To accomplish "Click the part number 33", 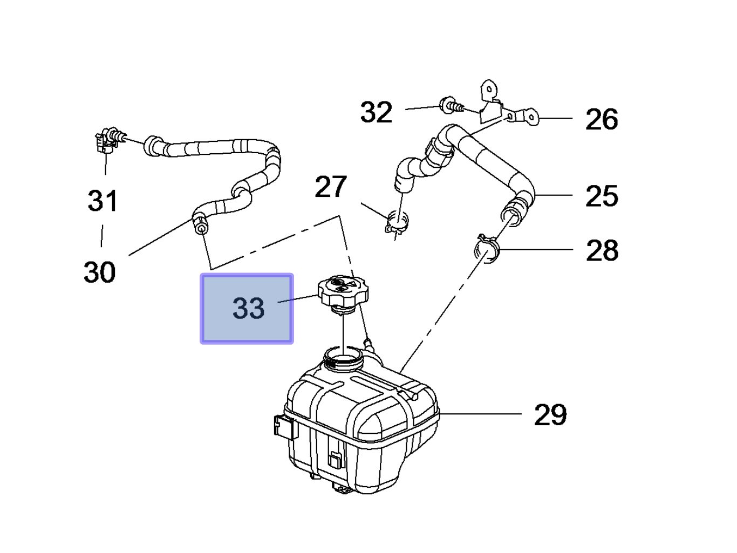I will click(248, 308).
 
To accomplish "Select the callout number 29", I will click(550, 415).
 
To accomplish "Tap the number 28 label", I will click(602, 251).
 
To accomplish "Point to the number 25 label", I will click(602, 196).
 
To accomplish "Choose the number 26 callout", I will click(602, 119).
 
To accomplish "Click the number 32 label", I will click(376, 113).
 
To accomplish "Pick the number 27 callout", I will click(330, 187).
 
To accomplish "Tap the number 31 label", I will click(103, 201).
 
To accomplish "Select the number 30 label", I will click(100, 272).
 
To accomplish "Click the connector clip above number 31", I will click(106, 139).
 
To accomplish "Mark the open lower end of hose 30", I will click(200, 229).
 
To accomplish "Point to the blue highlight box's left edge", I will click(202, 308).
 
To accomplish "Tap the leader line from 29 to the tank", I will click(480, 414).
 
